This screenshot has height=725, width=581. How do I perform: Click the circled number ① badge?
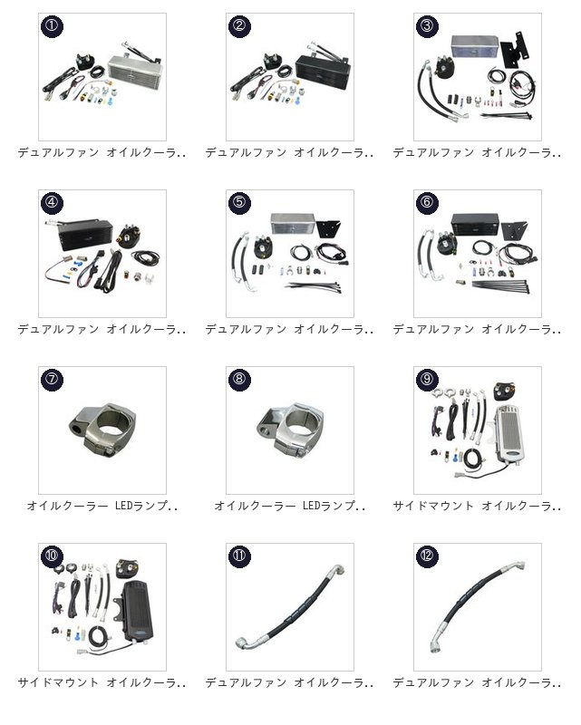52,25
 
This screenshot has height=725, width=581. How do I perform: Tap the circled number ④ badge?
52,202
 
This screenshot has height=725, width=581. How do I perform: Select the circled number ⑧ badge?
239,379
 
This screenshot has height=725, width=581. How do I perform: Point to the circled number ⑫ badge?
427,556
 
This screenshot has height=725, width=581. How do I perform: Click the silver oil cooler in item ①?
135,69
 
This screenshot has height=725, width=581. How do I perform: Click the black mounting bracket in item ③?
515,49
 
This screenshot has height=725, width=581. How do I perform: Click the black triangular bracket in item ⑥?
512,231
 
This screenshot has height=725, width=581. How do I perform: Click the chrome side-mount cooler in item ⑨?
508,434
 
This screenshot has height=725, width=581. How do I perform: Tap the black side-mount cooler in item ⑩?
138,611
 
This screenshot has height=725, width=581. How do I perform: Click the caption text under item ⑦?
102,506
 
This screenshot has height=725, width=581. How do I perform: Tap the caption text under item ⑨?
477,506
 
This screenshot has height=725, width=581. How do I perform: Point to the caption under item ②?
289,152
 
